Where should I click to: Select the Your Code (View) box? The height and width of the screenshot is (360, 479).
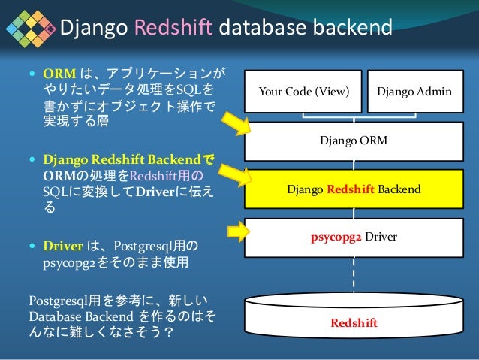[303, 92]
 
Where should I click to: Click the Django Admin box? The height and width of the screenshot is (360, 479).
[414, 92]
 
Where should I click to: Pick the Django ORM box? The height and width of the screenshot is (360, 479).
[354, 141]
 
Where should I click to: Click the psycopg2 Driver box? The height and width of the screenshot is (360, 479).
[354, 237]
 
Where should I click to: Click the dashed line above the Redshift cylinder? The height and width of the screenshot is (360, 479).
[354, 274]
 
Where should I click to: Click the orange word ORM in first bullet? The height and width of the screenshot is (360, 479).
[57, 75]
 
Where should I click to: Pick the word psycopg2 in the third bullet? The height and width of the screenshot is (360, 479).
[70, 263]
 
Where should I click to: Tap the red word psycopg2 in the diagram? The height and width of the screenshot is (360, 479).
[336, 236]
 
